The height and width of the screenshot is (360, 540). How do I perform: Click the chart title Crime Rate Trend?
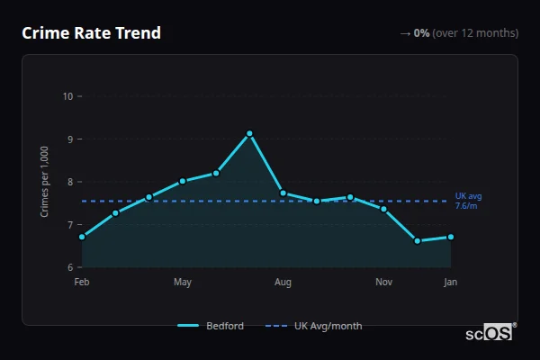pos(92,33)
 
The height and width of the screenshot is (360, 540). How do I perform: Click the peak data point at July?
pos(249,133)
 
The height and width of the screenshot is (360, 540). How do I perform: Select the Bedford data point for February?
pos(82,237)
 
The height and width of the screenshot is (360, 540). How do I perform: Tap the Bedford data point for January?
pos(451,237)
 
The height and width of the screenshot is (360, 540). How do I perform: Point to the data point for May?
pos(183,181)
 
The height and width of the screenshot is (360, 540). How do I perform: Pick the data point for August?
pos(283,193)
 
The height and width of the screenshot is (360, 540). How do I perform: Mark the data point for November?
pos(384,209)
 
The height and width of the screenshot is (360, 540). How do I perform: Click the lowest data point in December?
pos(418,240)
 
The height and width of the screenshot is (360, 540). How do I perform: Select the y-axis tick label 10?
pos(67,96)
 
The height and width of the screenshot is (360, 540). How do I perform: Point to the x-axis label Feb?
pos(82,283)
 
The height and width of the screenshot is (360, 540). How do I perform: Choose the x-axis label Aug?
pos(283,283)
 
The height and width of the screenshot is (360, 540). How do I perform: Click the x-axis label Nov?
pos(384,283)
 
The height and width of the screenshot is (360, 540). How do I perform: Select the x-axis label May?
pos(183,283)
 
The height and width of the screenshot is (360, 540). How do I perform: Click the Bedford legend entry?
pos(211,326)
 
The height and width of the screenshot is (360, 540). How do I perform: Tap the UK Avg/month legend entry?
pos(315,326)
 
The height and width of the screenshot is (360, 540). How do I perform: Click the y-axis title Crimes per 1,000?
pos(45,181)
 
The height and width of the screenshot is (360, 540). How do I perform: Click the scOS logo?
pos(490,332)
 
